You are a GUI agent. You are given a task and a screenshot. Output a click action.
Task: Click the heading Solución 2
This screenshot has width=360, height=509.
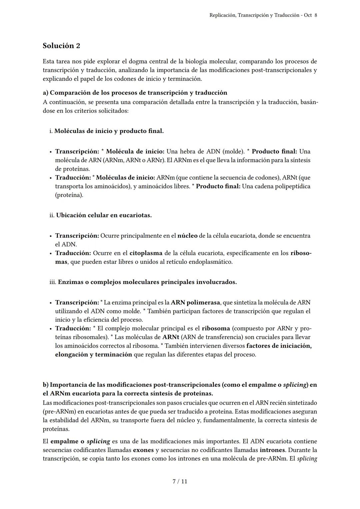point(61,46)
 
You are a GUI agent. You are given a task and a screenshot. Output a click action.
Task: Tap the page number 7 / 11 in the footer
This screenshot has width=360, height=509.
point(180,481)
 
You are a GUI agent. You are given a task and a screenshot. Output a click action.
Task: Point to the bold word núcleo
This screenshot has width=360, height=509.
point(187,236)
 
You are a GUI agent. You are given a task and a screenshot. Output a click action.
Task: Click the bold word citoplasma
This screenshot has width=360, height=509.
point(146,253)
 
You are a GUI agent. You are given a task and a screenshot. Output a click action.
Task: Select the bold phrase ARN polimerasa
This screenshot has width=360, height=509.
point(195,302)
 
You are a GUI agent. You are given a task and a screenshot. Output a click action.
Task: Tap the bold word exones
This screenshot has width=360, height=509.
point(143,450)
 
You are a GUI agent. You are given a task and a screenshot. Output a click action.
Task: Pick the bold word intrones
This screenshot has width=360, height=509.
point(272,450)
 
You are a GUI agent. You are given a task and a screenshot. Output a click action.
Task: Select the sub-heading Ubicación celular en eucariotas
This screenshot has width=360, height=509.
point(104,215)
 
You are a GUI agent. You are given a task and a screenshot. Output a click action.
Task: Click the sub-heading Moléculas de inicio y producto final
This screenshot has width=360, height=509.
point(109,131)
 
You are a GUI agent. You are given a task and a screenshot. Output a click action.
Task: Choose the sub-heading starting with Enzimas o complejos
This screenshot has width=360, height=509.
point(147,282)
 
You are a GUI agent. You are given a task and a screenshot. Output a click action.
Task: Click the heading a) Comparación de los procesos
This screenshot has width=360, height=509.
point(135,93)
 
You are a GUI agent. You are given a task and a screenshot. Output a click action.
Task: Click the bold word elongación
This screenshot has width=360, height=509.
point(71,354)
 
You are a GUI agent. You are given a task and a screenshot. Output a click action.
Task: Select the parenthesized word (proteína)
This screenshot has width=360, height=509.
point(69,195)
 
